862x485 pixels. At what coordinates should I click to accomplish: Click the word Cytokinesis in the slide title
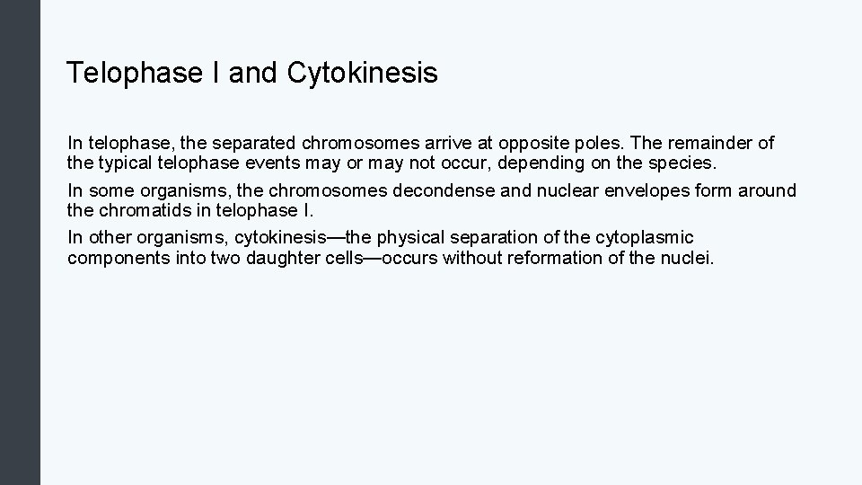363,73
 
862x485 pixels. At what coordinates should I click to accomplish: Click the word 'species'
683,164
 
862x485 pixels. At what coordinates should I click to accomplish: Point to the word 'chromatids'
139,211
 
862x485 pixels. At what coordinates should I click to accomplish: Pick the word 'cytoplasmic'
643,237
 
